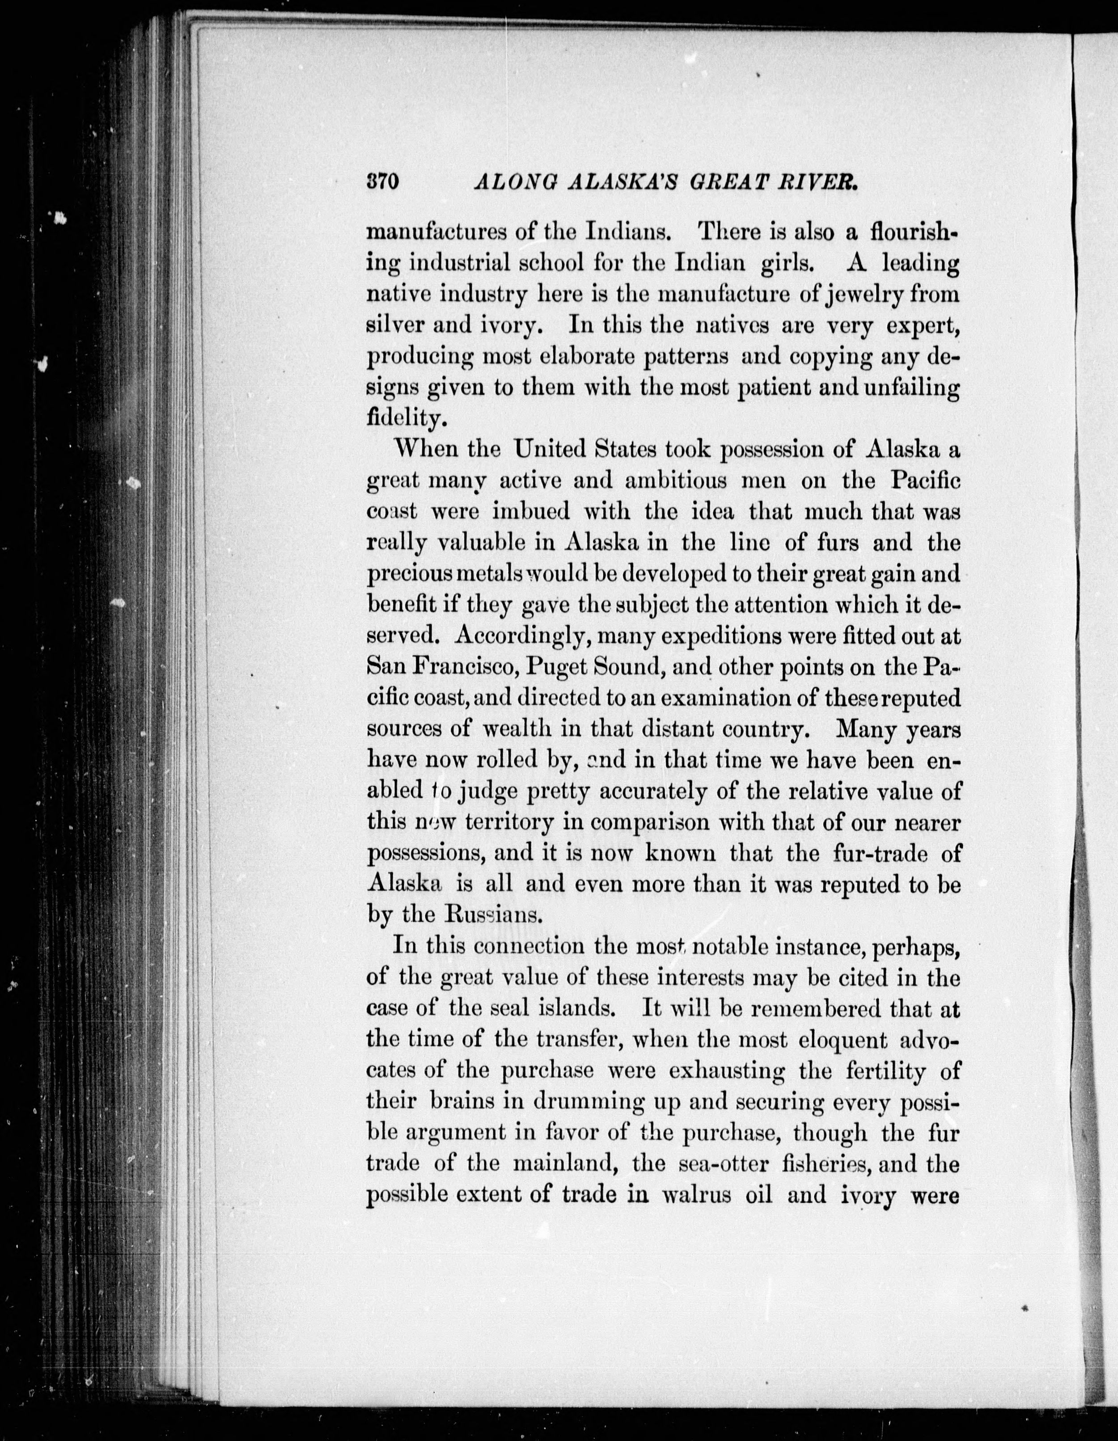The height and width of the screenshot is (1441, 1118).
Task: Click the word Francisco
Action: [x=462, y=667]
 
